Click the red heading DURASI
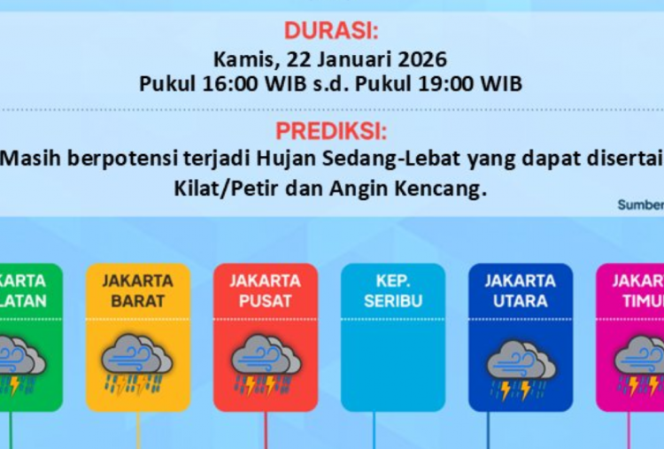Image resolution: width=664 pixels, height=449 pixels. coord(331,31)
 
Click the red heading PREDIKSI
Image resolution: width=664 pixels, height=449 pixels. coord(331,131)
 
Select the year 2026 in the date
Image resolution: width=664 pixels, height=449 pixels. coord(421,61)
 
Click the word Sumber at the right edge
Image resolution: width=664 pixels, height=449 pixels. coord(640,205)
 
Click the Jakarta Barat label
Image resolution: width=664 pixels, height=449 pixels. coord(137,290)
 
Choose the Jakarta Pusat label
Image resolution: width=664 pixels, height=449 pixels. coord(265,290)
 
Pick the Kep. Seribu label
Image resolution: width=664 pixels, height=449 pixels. coord(392,290)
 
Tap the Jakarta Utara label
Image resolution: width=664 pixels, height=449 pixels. coord(520,290)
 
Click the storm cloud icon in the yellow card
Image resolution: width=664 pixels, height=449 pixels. coord(136,361)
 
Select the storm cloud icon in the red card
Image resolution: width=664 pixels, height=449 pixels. coord(265,361)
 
